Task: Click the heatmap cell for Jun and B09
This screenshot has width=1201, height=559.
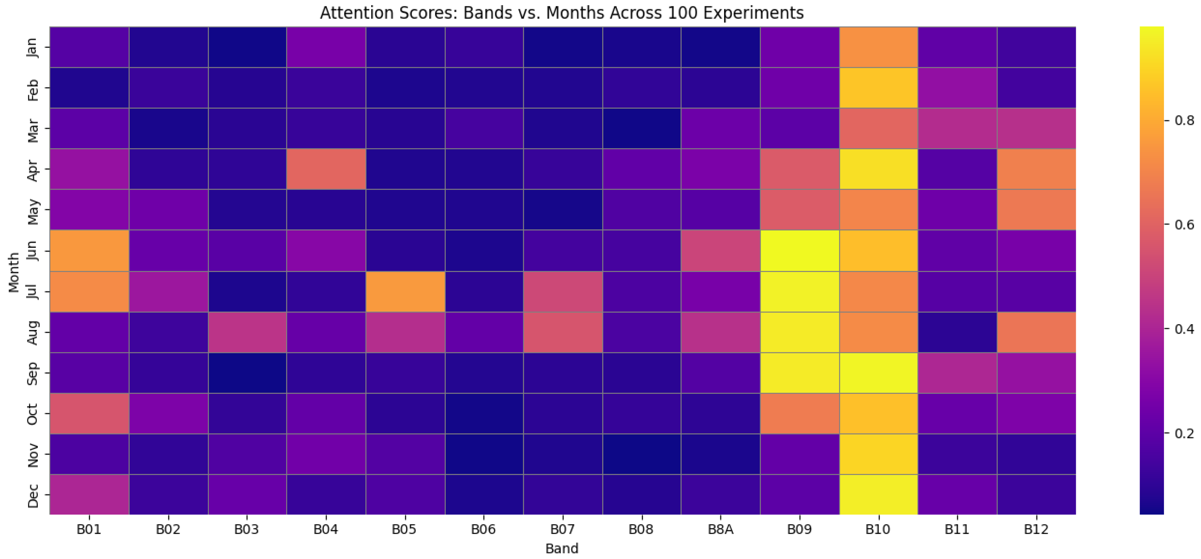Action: coord(800,250)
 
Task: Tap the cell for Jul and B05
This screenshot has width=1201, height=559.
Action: coord(405,291)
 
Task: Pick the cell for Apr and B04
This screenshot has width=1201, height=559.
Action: coord(326,169)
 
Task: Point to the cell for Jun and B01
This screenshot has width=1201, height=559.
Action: coord(90,250)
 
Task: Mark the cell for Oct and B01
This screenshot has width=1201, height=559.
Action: coord(90,413)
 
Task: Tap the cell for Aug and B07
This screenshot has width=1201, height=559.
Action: coord(563,332)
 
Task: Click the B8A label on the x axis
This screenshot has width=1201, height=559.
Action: coord(720,529)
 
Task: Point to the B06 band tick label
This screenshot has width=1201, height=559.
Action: coord(484,529)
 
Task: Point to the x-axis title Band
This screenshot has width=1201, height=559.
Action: coord(562,548)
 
